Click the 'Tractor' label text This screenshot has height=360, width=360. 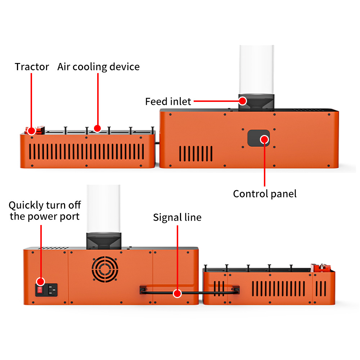[x=32, y=67]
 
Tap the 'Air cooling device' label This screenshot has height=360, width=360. [x=99, y=67]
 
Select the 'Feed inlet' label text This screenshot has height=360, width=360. [x=168, y=102]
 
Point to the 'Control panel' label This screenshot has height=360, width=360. [x=265, y=194]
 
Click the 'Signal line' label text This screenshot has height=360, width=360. [x=177, y=217]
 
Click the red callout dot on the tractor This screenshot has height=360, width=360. [x=31, y=131]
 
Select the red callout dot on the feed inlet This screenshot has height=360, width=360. [x=242, y=101]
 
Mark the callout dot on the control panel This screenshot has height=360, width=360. [x=265, y=139]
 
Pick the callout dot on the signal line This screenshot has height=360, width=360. [x=177, y=293]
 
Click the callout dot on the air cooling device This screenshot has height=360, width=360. [x=98, y=129]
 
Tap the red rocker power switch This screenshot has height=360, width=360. [x=40, y=290]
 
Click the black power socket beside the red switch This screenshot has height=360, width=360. [x=53, y=290]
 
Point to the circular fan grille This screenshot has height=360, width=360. [x=105, y=269]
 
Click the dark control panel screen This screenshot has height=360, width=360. [x=258, y=138]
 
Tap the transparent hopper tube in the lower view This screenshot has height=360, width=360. [x=104, y=209]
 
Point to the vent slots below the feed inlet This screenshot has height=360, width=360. [x=196, y=154]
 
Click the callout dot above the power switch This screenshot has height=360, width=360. [x=41, y=282]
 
